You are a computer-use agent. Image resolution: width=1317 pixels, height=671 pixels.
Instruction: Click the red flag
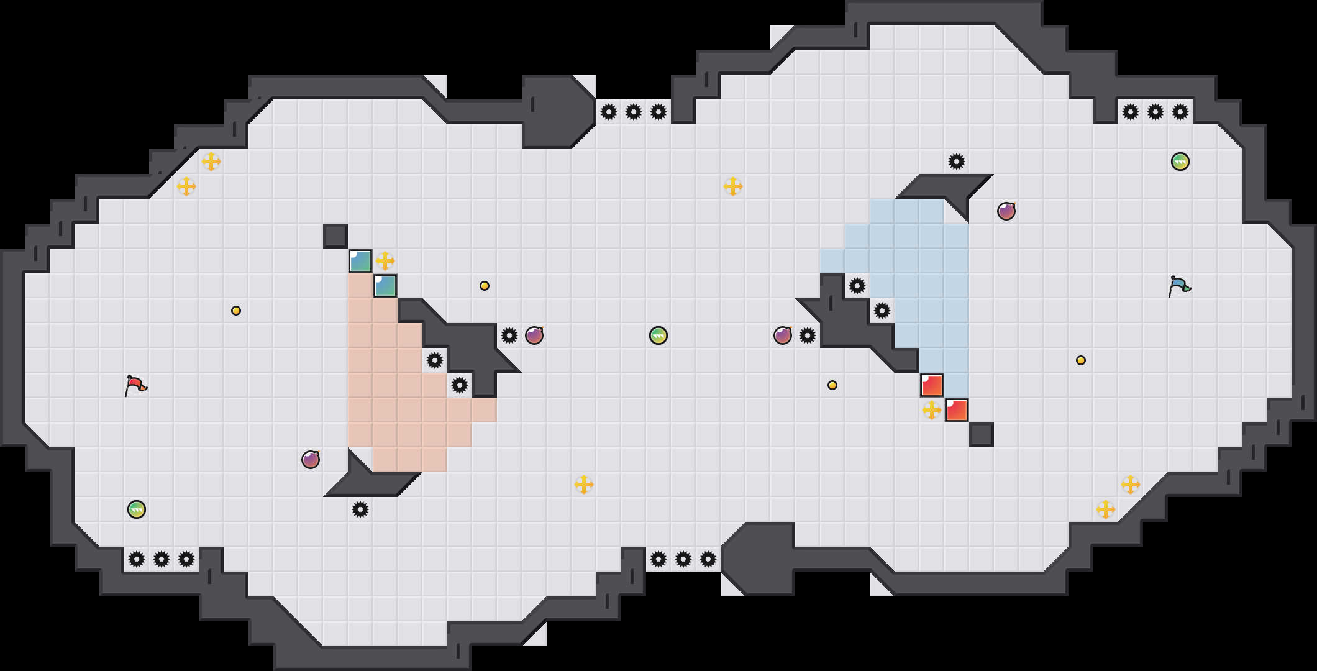(135, 386)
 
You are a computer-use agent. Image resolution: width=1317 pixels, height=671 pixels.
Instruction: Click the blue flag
(1178, 286)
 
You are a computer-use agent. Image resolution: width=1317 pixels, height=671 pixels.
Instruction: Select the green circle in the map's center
(658, 335)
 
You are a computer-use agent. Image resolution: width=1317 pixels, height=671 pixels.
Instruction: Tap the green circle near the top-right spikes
(1180, 162)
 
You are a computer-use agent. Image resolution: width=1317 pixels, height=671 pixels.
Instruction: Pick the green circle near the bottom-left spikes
(137, 509)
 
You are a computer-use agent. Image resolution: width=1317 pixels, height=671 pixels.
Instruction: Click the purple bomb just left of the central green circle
(534, 335)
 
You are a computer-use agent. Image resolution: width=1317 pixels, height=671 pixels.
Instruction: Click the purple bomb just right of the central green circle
(783, 335)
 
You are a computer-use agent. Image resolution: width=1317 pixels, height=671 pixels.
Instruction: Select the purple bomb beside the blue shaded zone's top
(1006, 211)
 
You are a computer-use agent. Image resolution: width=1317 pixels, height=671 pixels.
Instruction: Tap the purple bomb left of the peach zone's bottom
(311, 460)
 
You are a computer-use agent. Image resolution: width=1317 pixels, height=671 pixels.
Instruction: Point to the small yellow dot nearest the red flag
(236, 311)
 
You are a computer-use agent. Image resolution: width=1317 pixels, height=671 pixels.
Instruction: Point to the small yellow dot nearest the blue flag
(1081, 360)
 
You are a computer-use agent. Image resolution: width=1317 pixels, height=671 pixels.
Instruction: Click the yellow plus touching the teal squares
(385, 261)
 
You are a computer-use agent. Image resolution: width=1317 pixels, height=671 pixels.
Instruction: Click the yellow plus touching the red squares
(932, 410)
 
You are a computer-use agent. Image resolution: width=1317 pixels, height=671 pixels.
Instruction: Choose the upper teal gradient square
(360, 261)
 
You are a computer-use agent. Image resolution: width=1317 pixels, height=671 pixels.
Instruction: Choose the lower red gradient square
(957, 410)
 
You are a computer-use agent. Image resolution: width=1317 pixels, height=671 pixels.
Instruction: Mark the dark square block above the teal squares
(335, 236)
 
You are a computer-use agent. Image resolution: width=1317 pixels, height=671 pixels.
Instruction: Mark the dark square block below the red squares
(982, 435)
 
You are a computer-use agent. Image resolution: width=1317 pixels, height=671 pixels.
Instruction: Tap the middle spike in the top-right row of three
(1155, 112)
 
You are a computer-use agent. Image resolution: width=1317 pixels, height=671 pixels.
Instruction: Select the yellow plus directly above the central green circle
(733, 186)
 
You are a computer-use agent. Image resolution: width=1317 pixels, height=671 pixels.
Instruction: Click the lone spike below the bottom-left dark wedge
(360, 509)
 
